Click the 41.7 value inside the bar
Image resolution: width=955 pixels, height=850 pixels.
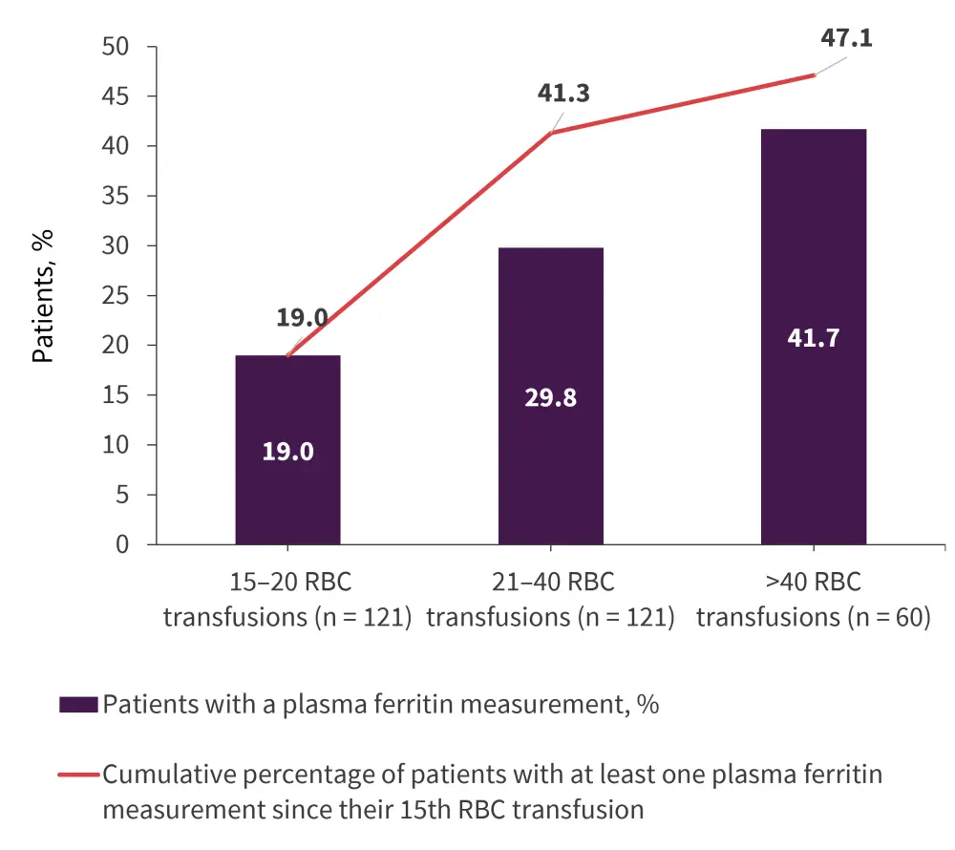[x=813, y=338]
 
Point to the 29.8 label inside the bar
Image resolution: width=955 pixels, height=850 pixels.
[x=550, y=397]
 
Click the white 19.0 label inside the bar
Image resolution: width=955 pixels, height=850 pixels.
[x=287, y=451]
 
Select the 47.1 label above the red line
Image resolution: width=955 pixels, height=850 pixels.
[x=846, y=40]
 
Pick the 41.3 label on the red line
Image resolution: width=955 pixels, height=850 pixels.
[x=563, y=94]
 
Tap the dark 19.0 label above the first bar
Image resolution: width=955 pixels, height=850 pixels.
[x=303, y=318]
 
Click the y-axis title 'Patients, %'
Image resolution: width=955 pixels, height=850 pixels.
[x=43, y=295]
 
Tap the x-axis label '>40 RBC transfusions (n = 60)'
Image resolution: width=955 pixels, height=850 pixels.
[x=813, y=600]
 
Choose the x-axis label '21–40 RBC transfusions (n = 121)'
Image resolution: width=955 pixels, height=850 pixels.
[x=550, y=600]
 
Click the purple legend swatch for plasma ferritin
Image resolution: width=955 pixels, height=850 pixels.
[x=78, y=706]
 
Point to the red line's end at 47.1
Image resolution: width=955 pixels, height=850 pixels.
[x=814, y=74]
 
